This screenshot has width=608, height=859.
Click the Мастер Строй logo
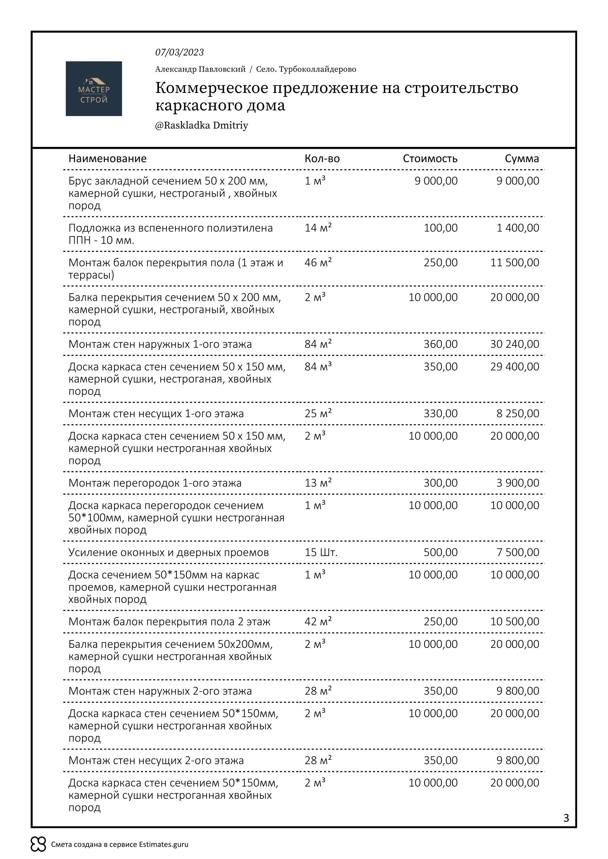[94, 89]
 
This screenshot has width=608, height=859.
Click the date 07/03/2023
[179, 53]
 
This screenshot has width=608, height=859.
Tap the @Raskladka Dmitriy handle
[201, 125]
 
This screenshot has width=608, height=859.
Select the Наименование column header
[107, 159]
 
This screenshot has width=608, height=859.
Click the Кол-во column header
[322, 159]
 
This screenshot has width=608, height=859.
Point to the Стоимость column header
[430, 159]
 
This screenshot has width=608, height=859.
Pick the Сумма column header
[522, 159]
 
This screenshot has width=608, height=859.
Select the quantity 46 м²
[318, 263]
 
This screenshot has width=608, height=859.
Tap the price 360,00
[440, 344]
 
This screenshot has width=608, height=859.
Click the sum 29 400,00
[514, 367]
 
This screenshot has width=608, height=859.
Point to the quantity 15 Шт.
[321, 552]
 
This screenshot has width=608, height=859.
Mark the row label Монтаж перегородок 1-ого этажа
[155, 483]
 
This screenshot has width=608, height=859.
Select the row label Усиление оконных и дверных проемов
[168, 552]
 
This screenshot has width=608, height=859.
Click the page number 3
[566, 818]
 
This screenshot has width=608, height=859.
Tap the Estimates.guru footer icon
[38, 844]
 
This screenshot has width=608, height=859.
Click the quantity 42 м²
[318, 622]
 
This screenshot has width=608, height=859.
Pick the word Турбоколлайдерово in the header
[318, 69]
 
